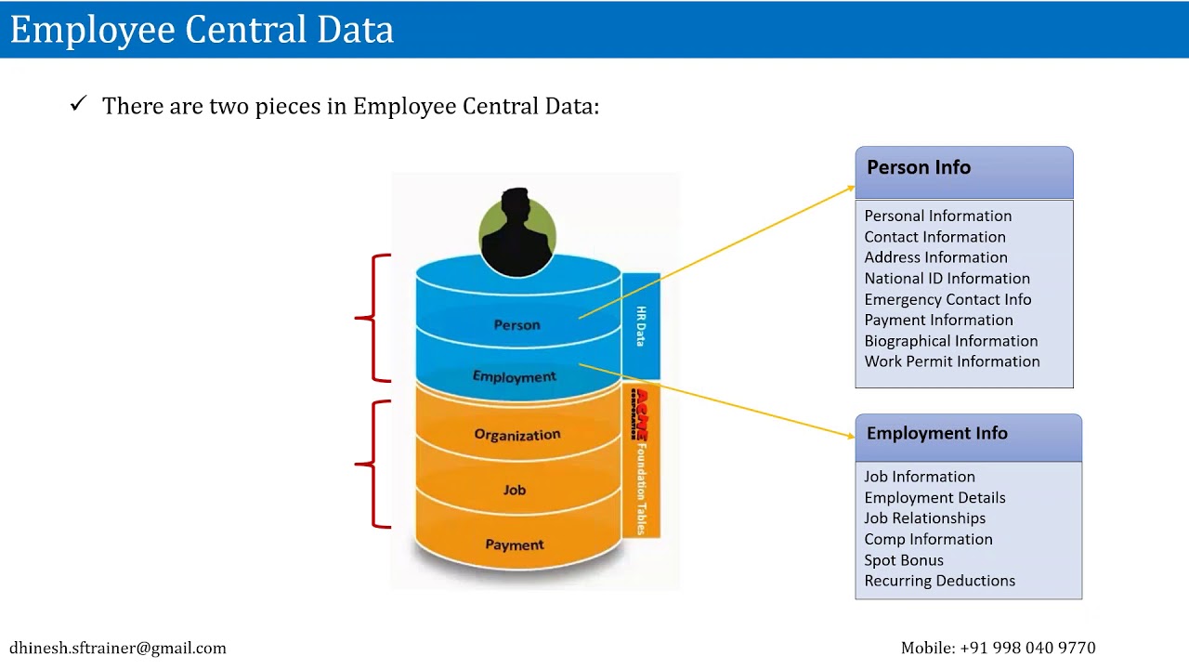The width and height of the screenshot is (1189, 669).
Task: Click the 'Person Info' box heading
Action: [919, 168]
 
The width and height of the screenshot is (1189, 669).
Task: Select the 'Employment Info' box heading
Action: [937, 433]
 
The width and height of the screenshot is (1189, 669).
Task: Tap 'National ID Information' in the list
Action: [947, 278]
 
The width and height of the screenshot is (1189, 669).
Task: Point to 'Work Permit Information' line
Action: [952, 361]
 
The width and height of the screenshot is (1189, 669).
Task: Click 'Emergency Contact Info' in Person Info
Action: [947, 299]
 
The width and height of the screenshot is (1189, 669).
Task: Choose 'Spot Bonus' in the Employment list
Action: [904, 560]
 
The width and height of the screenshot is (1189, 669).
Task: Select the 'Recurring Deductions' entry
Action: [939, 581]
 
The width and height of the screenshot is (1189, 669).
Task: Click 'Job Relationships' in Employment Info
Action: [924, 518]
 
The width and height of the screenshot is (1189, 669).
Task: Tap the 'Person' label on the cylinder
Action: [516, 325]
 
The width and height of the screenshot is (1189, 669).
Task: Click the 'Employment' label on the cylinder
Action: [515, 376]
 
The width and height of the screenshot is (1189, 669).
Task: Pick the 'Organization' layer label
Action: [517, 435]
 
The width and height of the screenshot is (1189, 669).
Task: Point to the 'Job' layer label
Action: [515, 490]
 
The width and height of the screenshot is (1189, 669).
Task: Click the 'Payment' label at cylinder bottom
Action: [515, 544]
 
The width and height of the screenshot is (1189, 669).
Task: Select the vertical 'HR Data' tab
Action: [641, 326]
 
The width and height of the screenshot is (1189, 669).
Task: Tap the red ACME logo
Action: [640, 414]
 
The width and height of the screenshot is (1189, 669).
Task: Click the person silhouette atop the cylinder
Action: [517, 232]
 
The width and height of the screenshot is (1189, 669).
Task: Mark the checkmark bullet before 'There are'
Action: [78, 103]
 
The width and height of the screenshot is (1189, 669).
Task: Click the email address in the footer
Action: [118, 648]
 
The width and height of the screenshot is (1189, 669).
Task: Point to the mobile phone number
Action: [998, 648]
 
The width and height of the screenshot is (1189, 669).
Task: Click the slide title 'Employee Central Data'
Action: [202, 30]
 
